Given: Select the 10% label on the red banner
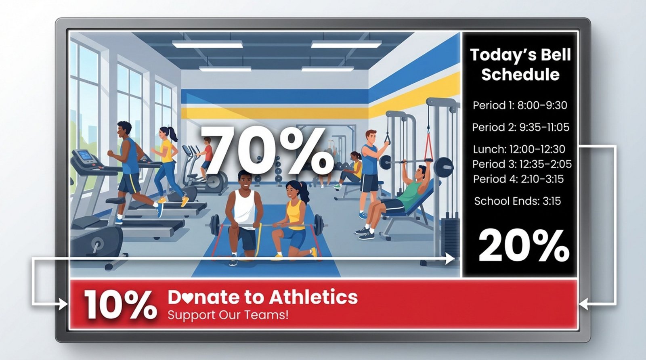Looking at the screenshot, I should (120, 305).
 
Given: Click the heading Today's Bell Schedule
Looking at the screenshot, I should (520, 65).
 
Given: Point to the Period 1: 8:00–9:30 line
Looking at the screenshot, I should (520, 105).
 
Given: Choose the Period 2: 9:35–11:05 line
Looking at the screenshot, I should (520, 128).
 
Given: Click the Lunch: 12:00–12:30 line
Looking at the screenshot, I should (519, 149).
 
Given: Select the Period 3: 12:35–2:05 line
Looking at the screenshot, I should (522, 164).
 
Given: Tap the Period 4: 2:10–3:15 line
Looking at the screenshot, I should (518, 179).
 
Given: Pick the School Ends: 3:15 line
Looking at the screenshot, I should (517, 201).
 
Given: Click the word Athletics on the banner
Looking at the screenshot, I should (313, 297).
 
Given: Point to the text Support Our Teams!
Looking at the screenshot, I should (228, 314).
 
